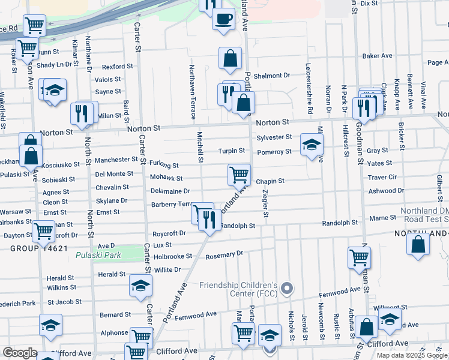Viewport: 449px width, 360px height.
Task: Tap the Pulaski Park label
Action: (98, 255)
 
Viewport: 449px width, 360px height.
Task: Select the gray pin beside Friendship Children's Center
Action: (287, 289)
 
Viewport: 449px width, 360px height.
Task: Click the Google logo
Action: (19, 352)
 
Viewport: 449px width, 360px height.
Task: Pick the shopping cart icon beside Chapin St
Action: (239, 175)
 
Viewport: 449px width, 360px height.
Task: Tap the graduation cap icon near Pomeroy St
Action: (312, 145)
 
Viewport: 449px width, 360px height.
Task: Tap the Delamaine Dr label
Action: (170, 191)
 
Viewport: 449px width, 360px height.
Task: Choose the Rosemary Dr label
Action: (224, 254)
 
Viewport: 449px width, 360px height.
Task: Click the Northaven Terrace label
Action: (192, 90)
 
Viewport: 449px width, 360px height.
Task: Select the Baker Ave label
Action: (377, 56)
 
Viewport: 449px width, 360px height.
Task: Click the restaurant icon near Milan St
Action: (80, 112)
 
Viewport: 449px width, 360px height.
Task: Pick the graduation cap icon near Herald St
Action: (140, 286)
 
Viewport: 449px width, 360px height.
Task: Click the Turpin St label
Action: (231, 151)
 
